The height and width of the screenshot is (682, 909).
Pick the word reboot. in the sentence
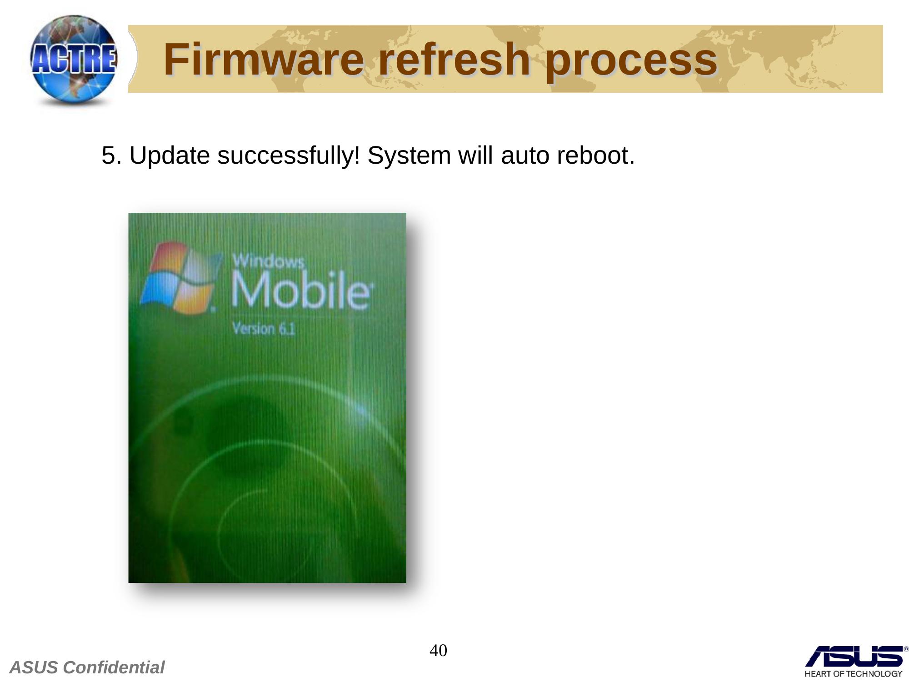pyautogui.click(x=596, y=155)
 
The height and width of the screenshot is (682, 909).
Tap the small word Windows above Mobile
pyautogui.click(x=269, y=261)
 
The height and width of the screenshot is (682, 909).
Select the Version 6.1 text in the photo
pyautogui.click(x=264, y=328)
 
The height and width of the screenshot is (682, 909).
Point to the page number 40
pyautogui.click(x=438, y=651)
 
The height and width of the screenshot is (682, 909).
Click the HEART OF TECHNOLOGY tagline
pyautogui.click(x=853, y=674)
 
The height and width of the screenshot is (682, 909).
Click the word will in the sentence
pyautogui.click(x=475, y=155)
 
